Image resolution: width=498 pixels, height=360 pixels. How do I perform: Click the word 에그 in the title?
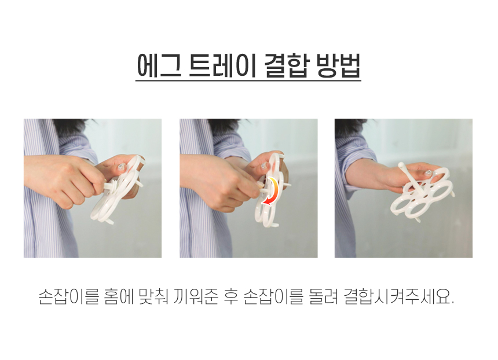click(159, 66)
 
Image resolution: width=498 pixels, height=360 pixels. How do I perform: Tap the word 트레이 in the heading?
click(222, 66)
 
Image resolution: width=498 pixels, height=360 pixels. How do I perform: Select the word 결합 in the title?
click(287, 66)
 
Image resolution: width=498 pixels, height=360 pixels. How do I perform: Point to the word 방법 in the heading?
click(339, 66)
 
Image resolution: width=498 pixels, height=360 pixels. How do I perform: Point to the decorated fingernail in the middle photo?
click(264, 166)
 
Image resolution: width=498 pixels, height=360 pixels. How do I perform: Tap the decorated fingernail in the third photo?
click(429, 172)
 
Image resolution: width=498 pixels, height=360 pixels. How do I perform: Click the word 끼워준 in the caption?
click(196, 296)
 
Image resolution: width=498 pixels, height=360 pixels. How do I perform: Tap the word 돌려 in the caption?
click(323, 296)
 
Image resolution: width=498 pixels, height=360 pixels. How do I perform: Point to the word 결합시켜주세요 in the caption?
click(399, 296)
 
